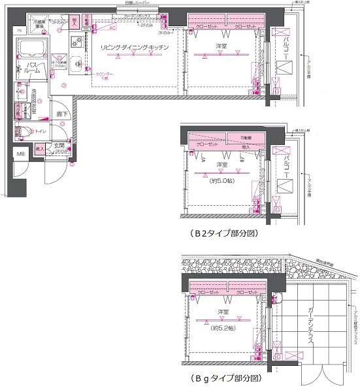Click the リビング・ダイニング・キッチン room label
pyautogui.click(x=135, y=48)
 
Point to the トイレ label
pyautogui.click(x=40, y=131)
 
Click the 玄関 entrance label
pyautogui.click(x=59, y=144)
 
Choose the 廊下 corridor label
pyautogui.click(x=61, y=114)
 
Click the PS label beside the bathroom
pyautogui.click(x=20, y=31)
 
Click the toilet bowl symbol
pyautogui.click(x=25, y=132)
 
